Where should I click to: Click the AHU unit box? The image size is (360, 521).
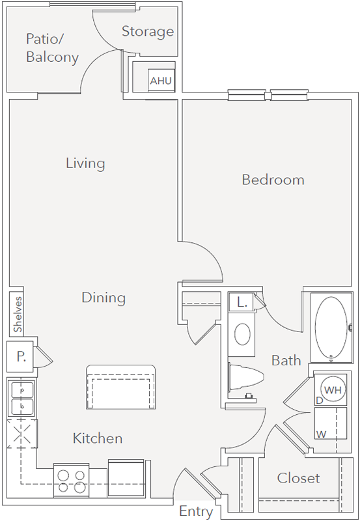pos(161,80)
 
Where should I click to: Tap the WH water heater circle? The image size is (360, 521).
pos(333,389)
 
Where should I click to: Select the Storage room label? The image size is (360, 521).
pos(148,31)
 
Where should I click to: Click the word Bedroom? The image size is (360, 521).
pos(273,180)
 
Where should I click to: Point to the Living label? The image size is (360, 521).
pos(85,163)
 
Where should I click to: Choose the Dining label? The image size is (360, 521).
pos(104,298)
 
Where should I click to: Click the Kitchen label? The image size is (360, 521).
pos(98,438)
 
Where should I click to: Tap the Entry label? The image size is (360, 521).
pos(196,512)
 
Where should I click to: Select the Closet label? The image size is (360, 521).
pos(299,478)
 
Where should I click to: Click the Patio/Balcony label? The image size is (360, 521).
pos(52,48)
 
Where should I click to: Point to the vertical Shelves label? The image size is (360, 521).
pos(18,315)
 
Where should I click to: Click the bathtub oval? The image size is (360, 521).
pos(331,328)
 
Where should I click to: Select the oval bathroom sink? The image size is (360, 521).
pos(242,334)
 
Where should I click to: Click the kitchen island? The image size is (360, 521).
pos(121,387)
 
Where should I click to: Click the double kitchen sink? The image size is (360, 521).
pos(23,399)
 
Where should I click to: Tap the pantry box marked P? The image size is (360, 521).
pos(20,356)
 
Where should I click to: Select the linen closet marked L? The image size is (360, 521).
pos(242,302)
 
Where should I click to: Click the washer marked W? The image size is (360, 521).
pos(331,425)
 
